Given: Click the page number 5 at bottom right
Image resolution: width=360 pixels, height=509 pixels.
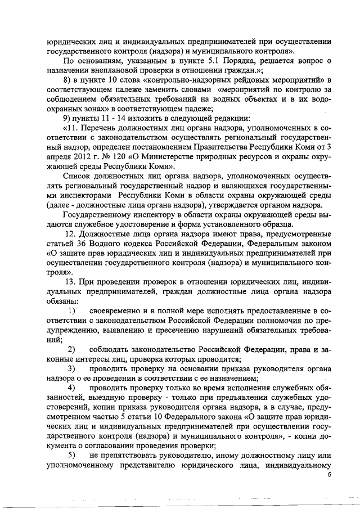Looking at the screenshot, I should [x=330, y=476].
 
